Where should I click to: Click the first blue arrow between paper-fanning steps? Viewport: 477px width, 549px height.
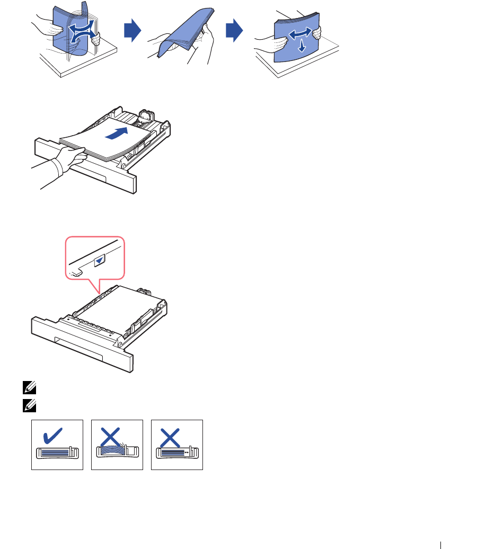click(x=132, y=33)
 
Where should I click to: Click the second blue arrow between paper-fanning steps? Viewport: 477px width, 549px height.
click(x=234, y=33)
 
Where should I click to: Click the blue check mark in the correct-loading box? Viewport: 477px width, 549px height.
click(x=54, y=436)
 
